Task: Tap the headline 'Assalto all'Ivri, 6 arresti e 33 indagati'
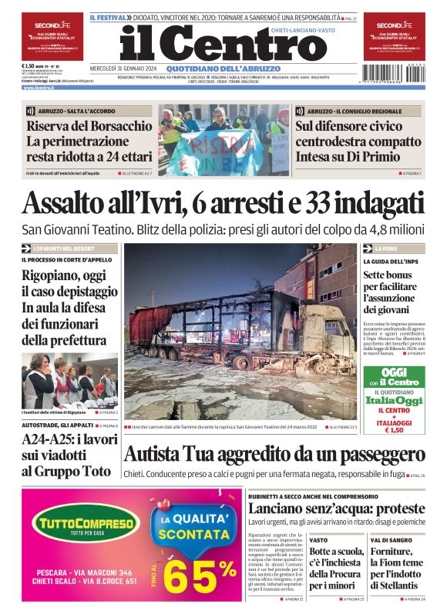pyautogui.click(x=223, y=202)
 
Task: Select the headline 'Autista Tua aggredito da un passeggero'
pyautogui.click(x=274, y=453)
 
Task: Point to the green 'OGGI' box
pyautogui.click(x=394, y=377)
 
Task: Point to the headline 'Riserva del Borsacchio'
pyautogui.click(x=79, y=126)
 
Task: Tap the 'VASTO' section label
pyautogui.click(x=318, y=541)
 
